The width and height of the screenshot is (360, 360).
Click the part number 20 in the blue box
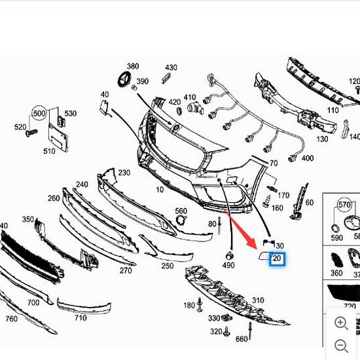click(277, 259)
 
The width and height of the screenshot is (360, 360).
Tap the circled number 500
click(41, 113)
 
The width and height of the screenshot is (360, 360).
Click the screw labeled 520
click(29, 133)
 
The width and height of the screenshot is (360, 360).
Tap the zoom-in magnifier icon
click(341, 323)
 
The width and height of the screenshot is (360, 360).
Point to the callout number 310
click(258, 301)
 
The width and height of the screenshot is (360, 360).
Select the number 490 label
click(228, 265)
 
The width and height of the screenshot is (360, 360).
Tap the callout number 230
click(124, 173)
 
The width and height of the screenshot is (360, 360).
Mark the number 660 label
click(241, 339)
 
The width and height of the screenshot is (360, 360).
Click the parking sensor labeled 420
click(189, 107)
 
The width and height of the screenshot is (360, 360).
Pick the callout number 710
click(80, 318)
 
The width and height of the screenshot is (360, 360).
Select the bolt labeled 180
click(200, 305)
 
